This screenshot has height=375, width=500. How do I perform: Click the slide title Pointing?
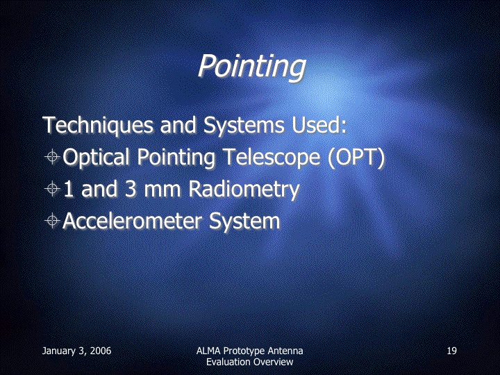(252, 66)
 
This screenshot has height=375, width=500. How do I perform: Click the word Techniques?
(98, 125)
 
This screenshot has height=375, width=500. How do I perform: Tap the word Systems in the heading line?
(244, 125)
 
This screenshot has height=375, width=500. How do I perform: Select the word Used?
(319, 124)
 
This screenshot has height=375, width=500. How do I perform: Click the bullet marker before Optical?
(52, 156)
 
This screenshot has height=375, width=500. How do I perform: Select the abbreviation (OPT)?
(356, 158)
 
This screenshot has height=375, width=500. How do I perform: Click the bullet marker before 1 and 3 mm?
(52, 188)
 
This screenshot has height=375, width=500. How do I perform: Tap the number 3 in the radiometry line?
(131, 188)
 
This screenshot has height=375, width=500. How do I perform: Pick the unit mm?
(162, 191)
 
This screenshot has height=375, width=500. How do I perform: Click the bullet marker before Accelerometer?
(52, 220)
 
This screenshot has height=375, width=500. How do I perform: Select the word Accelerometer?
(132, 221)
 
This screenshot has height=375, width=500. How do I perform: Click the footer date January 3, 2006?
(76, 351)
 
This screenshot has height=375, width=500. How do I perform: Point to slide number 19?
(451, 351)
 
